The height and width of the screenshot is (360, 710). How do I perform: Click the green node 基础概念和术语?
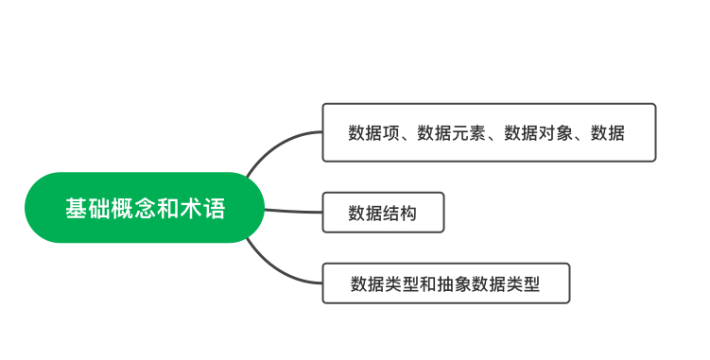(x=145, y=208)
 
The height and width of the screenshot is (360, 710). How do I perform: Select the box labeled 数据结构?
(x=382, y=213)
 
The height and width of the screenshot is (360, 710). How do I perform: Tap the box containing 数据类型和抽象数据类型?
(x=445, y=283)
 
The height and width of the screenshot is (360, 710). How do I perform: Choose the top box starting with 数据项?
(x=488, y=132)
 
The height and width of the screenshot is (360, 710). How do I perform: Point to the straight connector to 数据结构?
(x=293, y=210)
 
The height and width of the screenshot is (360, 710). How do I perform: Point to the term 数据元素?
(x=452, y=133)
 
